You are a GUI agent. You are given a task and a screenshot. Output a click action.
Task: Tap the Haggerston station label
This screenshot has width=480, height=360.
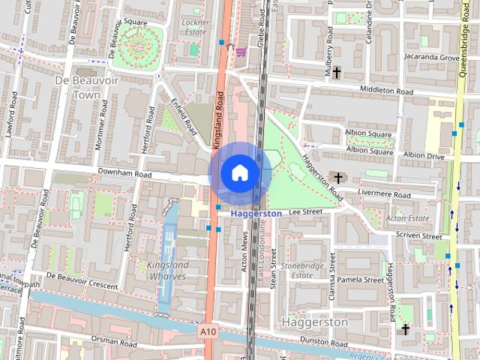[256, 214]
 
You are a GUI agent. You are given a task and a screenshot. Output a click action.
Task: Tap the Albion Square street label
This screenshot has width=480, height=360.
[369, 134]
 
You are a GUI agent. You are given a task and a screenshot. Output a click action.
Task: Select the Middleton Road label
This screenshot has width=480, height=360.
[387, 91]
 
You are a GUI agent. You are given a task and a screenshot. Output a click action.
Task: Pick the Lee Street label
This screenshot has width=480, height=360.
[305, 212]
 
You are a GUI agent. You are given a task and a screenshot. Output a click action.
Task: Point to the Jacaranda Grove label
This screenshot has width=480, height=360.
[430, 57]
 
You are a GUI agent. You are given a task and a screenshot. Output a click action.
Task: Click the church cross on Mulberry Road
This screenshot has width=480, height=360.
[337, 73]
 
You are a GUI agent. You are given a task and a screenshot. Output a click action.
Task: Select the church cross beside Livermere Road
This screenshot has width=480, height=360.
[339, 178]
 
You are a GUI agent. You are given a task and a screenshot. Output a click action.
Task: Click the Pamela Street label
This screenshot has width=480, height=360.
[361, 280]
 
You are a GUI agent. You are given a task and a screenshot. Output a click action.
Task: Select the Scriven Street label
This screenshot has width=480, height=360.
[421, 235]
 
